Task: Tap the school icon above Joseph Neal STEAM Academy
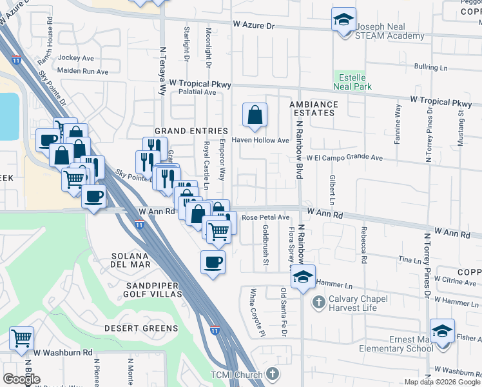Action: pyautogui.click(x=343, y=19)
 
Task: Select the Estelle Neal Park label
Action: pyautogui.click(x=352, y=82)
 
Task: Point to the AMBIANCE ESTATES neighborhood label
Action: pyautogui.click(x=313, y=108)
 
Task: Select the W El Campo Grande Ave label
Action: pyautogui.click(x=345, y=157)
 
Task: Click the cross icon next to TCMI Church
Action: pyautogui.click(x=273, y=374)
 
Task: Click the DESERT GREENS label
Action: pyautogui.click(x=141, y=328)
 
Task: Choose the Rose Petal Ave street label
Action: pyautogui.click(x=265, y=218)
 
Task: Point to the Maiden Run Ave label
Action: pyautogui.click(x=82, y=71)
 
